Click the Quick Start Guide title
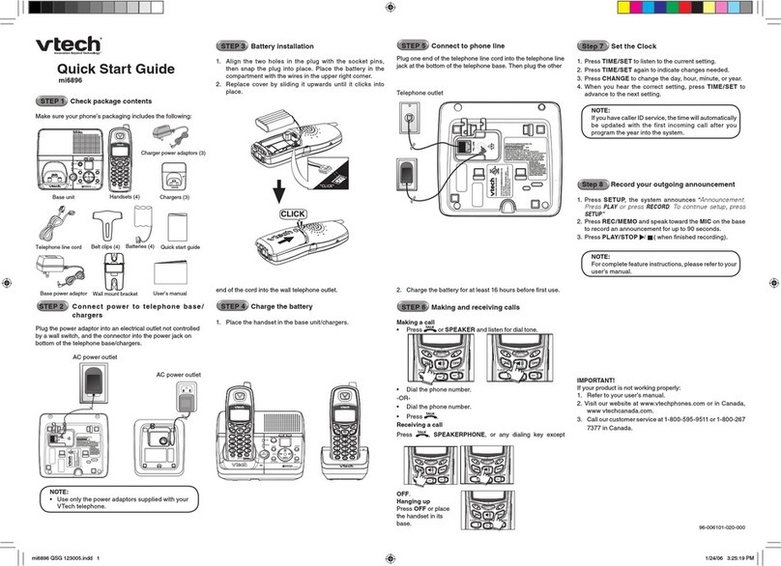pos(115,69)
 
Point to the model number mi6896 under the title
pos(70,82)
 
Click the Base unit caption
pos(63,195)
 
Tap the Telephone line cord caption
pos(60,248)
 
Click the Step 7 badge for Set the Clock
pos(591,45)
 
